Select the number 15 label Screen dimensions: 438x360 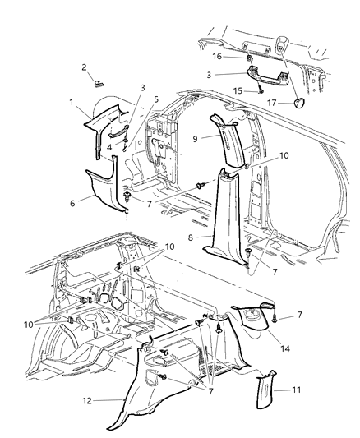coord(236,92)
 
